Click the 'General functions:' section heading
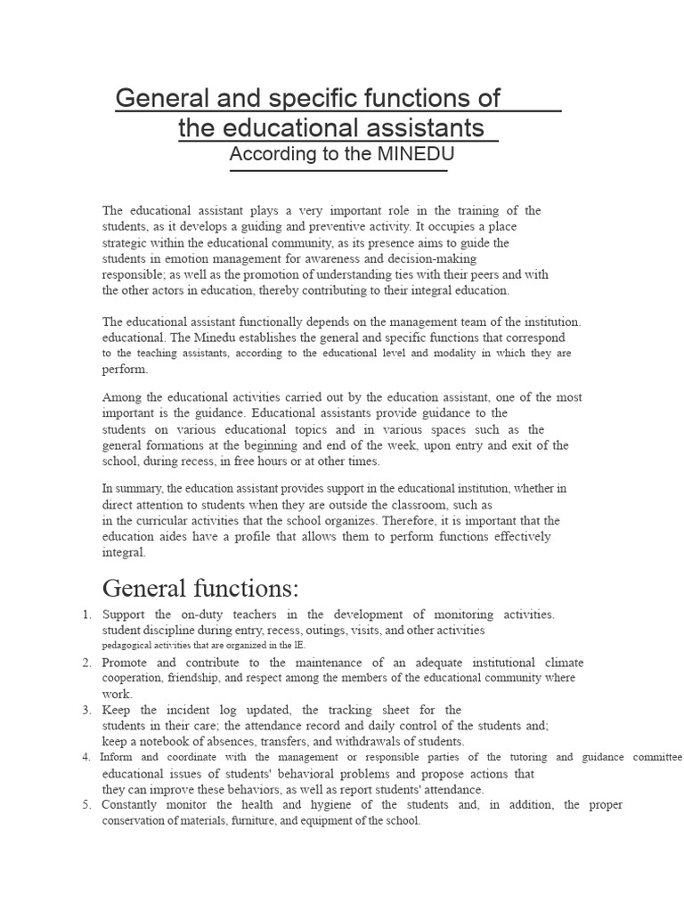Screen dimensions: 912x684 200,589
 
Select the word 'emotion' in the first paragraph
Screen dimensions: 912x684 188,258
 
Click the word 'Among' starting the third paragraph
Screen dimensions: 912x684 122,397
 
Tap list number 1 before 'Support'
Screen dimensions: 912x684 86,615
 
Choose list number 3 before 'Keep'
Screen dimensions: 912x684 86,710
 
